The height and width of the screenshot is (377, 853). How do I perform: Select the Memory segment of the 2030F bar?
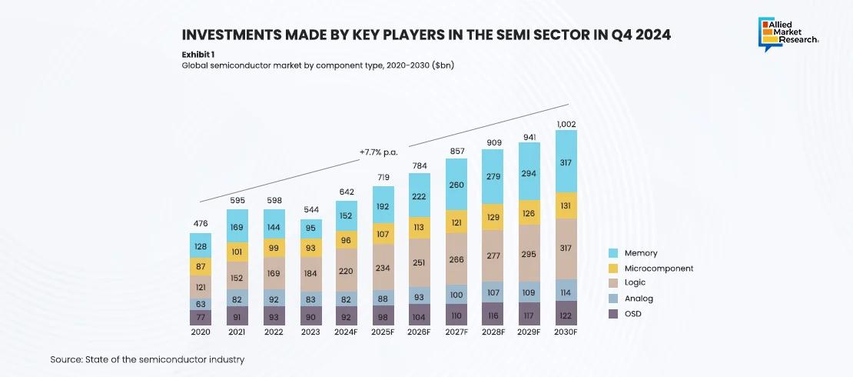point(566,162)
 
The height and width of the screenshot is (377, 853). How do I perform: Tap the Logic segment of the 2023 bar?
point(311,273)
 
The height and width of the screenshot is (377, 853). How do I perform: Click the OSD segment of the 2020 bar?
point(201,315)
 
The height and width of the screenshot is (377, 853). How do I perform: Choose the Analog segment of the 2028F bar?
point(493,292)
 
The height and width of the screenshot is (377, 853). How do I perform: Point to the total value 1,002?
point(566,124)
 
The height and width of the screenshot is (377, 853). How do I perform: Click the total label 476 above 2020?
point(201,224)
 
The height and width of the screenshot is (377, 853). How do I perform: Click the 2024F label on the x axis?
point(347,332)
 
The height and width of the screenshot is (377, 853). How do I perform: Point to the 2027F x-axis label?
point(456,332)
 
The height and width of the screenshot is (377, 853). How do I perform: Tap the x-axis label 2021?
point(237,332)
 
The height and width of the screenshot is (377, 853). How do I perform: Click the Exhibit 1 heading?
point(198,55)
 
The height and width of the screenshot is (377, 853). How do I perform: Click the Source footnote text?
point(148,359)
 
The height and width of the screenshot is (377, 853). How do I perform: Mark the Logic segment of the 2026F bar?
point(420,262)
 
